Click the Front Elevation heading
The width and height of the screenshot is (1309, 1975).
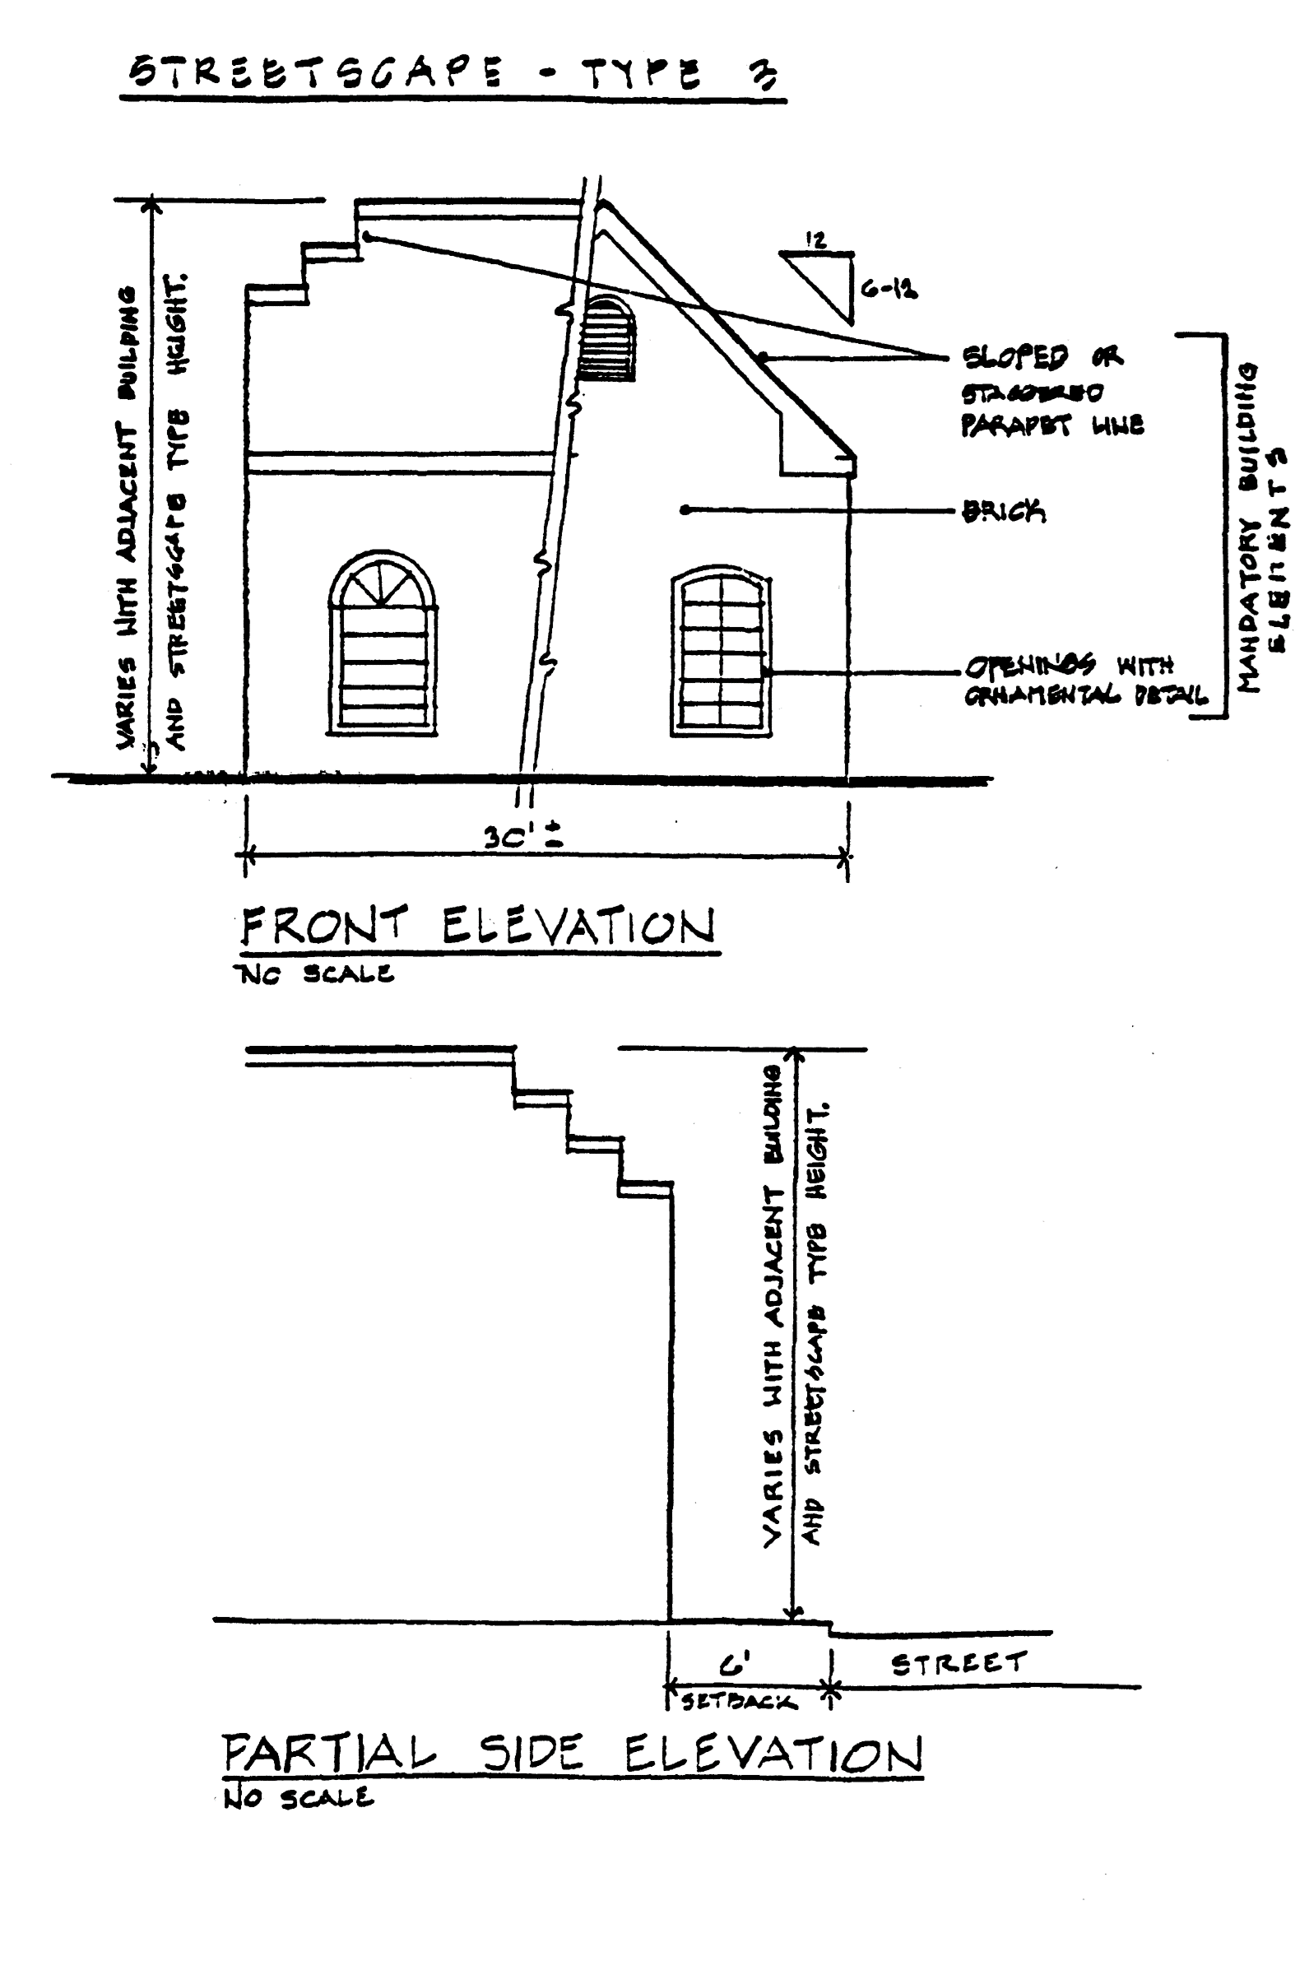(477, 926)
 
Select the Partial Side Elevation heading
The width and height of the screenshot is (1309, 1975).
(572, 1754)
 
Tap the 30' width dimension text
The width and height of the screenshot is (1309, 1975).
(522, 835)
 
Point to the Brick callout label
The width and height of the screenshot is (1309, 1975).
(1004, 510)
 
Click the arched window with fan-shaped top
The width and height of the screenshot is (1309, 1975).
(383, 643)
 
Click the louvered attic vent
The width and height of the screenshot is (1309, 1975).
(608, 338)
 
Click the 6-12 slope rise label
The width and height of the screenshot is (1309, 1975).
(889, 290)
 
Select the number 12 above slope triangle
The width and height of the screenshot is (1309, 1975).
(815, 240)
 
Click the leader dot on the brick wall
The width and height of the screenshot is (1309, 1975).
(685, 509)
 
